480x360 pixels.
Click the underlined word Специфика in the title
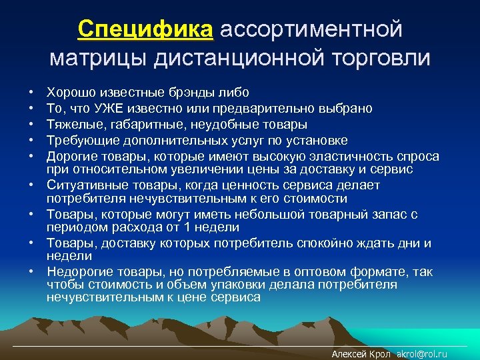(x=145, y=29)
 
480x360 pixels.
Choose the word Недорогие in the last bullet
(x=79, y=272)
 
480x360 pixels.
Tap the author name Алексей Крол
(x=361, y=354)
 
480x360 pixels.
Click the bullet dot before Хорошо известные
(x=31, y=93)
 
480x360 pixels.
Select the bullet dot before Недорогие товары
(x=31, y=272)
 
